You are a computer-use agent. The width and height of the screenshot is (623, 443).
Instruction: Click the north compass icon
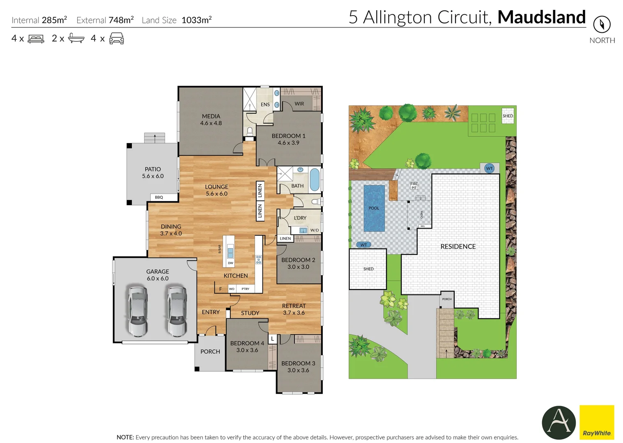[x=602, y=24]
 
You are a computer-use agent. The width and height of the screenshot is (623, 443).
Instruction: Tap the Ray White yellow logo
[x=597, y=422]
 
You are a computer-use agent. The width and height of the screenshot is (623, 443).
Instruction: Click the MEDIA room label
[x=211, y=116]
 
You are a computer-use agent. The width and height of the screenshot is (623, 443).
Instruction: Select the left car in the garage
[x=138, y=311]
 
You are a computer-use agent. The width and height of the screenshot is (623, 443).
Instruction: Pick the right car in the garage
[x=177, y=311]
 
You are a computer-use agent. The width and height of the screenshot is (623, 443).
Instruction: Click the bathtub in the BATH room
[x=315, y=180]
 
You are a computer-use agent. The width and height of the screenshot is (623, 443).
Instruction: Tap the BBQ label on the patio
[x=159, y=197]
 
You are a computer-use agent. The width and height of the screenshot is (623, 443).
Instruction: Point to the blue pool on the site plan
[x=374, y=208]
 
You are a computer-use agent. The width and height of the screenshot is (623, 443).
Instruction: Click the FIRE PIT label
[x=414, y=186]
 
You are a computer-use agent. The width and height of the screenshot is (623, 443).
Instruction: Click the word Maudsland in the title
[x=541, y=17]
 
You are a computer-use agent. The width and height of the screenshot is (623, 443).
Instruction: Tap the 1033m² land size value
[x=196, y=20]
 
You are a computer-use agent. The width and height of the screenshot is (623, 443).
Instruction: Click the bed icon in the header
[x=36, y=39]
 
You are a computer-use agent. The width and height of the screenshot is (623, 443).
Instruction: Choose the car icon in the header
[x=117, y=39]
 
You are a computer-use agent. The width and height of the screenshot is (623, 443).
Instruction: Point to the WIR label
[x=299, y=104]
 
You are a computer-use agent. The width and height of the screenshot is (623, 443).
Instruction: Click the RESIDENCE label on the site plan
[x=458, y=247]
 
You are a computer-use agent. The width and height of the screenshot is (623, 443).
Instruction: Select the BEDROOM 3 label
[x=298, y=363]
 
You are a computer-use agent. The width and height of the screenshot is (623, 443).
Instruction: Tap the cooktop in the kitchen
[x=259, y=259]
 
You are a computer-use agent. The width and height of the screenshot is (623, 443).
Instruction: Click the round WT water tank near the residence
[x=489, y=168]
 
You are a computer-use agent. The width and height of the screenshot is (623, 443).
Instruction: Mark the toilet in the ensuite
[x=250, y=131]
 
